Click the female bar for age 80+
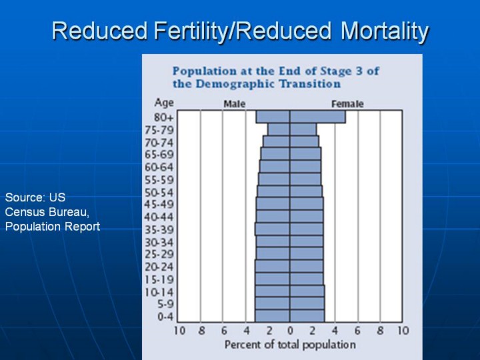coord(318,117)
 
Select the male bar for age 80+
coord(273,117)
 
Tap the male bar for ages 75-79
coord(279,129)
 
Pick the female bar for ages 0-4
coord(307,315)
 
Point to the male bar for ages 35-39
coord(272,229)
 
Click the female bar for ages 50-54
coord(306,191)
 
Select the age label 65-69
coord(159,155)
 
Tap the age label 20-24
coord(159,267)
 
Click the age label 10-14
coord(159,292)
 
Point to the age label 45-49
coord(159,204)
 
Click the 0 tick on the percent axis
coord(290,331)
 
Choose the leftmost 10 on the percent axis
coord(180,331)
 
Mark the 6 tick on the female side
coord(357,331)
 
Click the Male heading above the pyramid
coord(235,104)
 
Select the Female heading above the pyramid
coord(347,104)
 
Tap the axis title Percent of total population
coord(290,345)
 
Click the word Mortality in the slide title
coord(385,31)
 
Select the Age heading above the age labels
coord(164,103)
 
